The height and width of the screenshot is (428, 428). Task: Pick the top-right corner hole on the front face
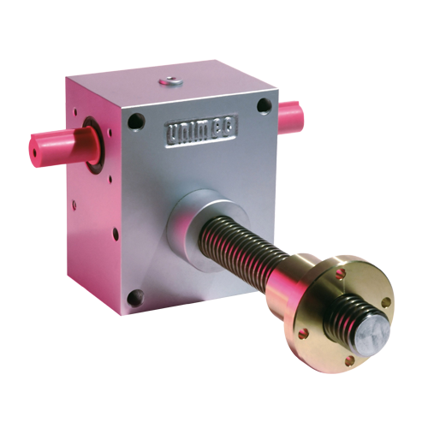(x=265, y=107)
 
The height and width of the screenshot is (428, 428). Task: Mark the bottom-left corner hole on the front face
(x=134, y=297)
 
